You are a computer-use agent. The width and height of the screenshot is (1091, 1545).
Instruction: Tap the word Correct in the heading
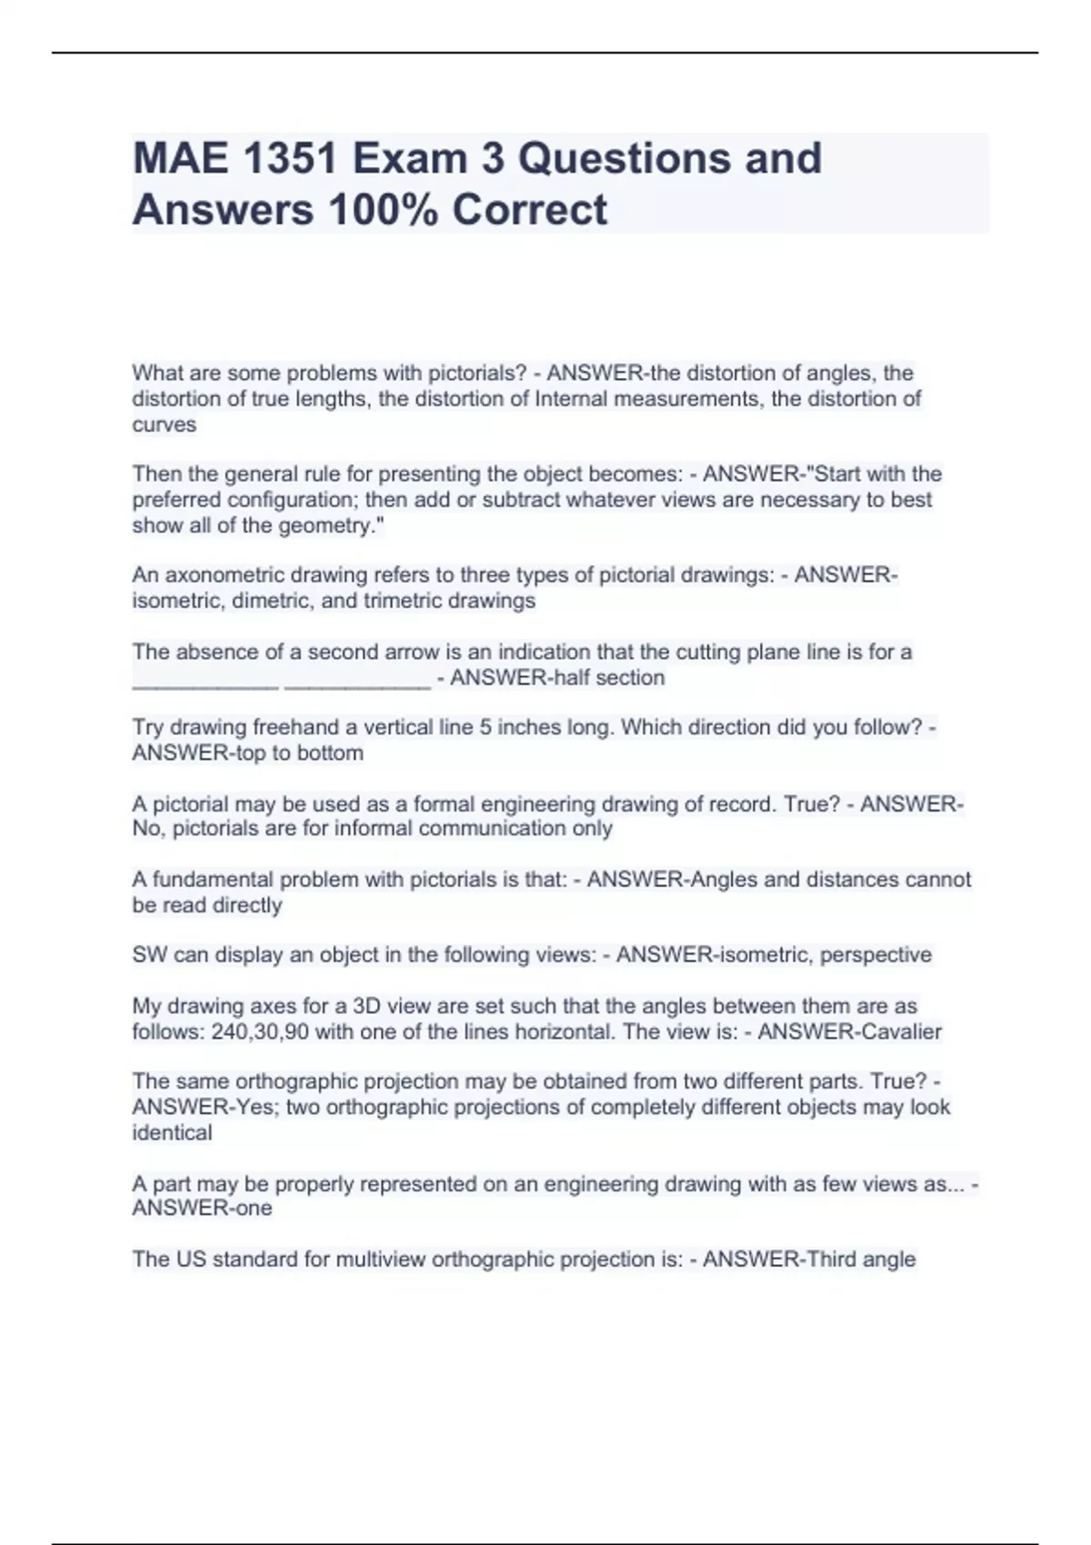pos(529,210)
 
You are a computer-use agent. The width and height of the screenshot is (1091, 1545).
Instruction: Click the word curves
pos(164,424)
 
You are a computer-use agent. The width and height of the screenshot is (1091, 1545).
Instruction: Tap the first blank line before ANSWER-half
pos(205,682)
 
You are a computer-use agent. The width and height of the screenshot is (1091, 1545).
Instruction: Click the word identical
pos(172,1132)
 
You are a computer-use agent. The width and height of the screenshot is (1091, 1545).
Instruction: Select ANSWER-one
pos(202,1208)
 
